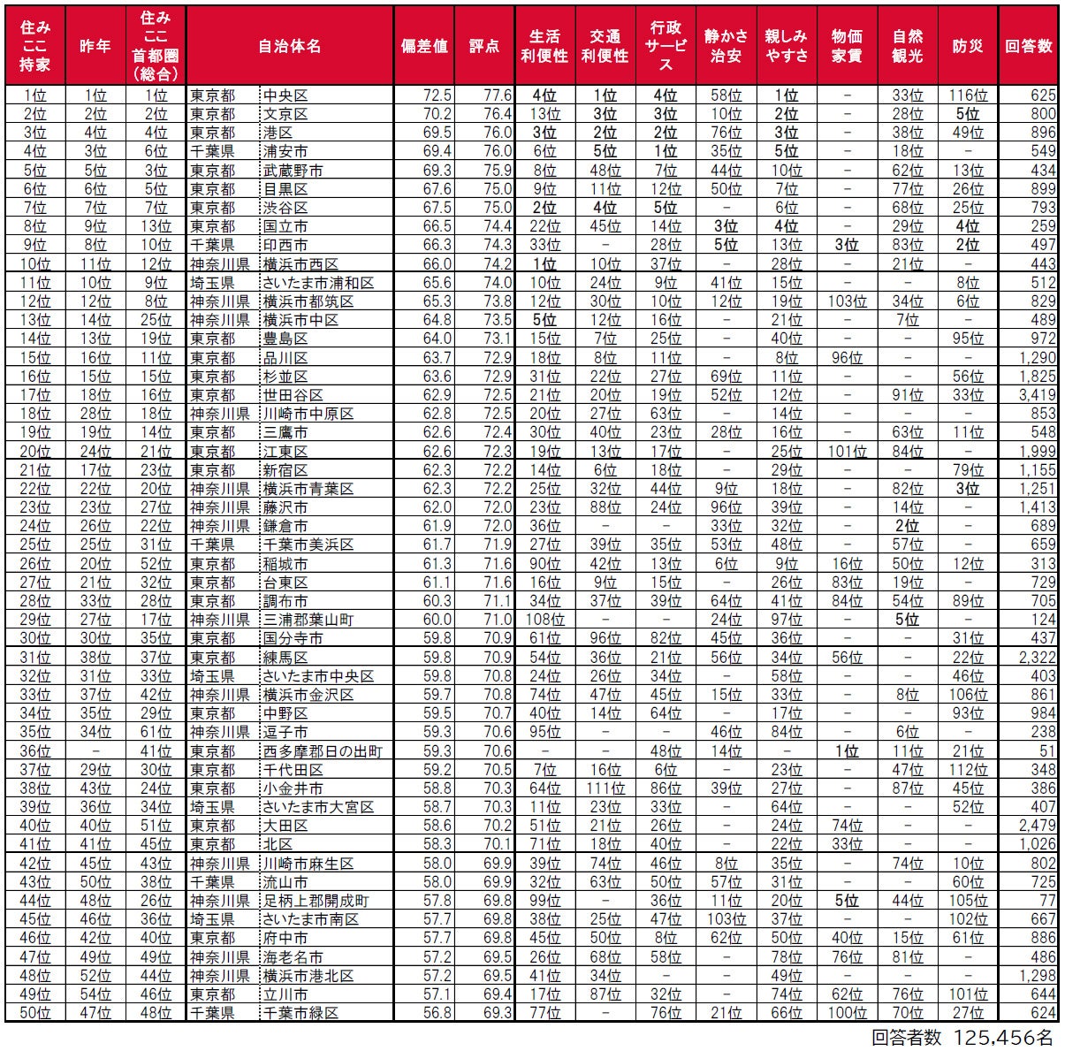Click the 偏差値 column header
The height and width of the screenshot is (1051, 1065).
pyautogui.click(x=424, y=46)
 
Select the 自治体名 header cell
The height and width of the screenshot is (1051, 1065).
pyautogui.click(x=289, y=46)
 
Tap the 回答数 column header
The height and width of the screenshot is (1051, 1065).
pyautogui.click(x=1029, y=46)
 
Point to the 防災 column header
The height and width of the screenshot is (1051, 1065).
pyautogui.click(x=968, y=46)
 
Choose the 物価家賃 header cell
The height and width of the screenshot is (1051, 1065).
pyautogui.click(x=847, y=46)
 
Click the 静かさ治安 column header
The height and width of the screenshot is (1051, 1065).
pyautogui.click(x=726, y=46)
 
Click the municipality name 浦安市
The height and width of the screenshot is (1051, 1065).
pyautogui.click(x=285, y=151)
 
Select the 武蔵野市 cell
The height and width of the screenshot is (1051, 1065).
pyautogui.click(x=292, y=171)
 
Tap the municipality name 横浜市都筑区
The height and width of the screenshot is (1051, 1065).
pyautogui.click(x=308, y=301)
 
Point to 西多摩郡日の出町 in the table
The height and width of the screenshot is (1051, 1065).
pyautogui.click(x=322, y=751)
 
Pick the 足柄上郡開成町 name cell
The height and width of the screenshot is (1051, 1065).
pyautogui.click(x=315, y=901)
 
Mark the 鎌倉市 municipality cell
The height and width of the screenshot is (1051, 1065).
pyautogui.click(x=285, y=526)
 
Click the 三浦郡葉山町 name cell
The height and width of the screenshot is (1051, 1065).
pyautogui.click(x=308, y=620)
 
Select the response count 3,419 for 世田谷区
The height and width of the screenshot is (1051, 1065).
pyautogui.click(x=1037, y=395)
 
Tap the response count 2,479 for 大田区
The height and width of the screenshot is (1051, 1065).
pyautogui.click(x=1037, y=826)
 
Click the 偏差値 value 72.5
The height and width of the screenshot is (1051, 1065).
pyautogui.click(x=437, y=95)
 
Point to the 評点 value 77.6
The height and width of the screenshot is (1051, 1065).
pyautogui.click(x=498, y=95)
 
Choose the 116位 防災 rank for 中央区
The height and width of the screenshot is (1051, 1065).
pyautogui.click(x=968, y=95)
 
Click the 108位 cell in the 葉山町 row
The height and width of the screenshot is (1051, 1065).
pyautogui.click(x=544, y=620)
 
